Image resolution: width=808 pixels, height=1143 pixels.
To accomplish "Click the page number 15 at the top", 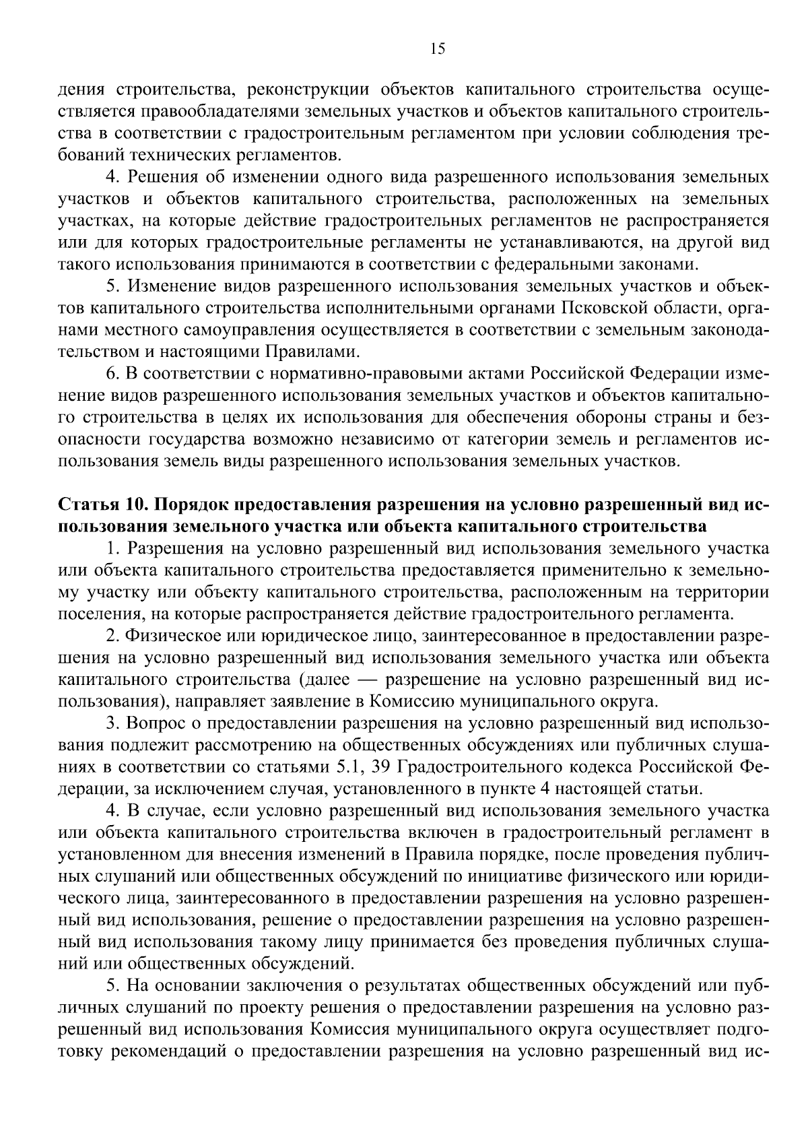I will [437, 48].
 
